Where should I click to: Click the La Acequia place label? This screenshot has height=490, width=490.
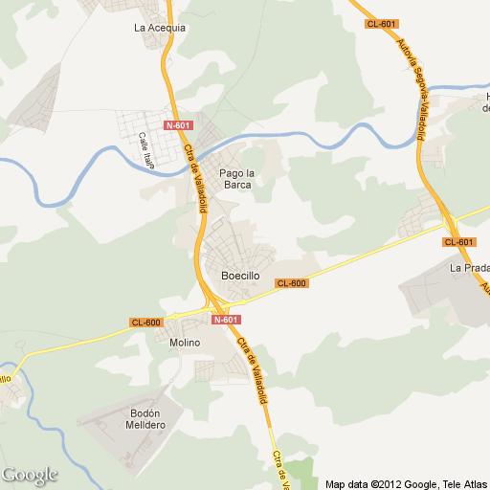tap(160, 28)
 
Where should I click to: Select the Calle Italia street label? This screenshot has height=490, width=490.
tap(147, 151)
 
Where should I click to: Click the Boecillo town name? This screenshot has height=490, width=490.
tap(240, 276)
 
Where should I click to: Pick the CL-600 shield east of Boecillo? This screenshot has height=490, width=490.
tap(291, 283)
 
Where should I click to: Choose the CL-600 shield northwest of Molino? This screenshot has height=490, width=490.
tap(146, 323)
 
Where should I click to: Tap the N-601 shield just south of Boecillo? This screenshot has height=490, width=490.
tap(226, 320)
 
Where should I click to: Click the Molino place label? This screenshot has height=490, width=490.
tap(185, 343)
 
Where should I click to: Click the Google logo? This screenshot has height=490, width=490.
tap(30, 475)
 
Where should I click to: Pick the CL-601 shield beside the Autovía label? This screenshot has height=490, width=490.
tap(381, 24)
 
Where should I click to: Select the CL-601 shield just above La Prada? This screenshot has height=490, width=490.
tap(459, 242)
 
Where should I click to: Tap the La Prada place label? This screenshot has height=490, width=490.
tap(469, 268)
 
